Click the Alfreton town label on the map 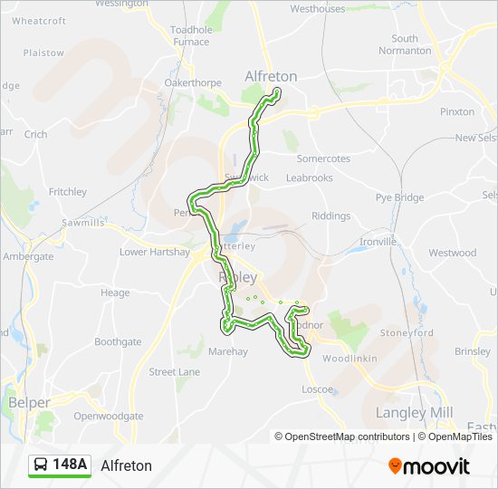271,77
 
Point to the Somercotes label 323,158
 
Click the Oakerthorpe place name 192,83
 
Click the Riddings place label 330,216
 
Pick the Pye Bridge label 399,197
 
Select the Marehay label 226,350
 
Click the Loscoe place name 317,390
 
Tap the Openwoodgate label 109,416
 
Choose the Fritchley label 68,192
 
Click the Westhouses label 318,9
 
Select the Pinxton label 456,112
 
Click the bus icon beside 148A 42,465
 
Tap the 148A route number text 70,465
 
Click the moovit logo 429,466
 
